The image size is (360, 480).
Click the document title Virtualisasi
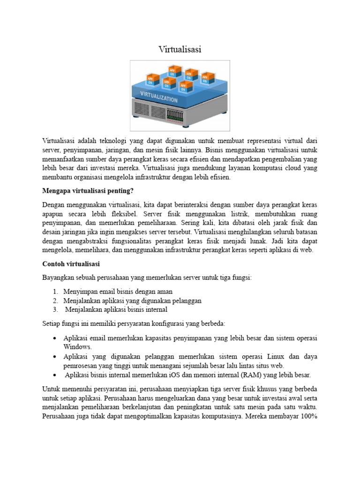pos(180,49)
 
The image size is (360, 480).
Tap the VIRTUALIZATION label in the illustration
pos(159,98)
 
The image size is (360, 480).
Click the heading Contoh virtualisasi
pos(71,264)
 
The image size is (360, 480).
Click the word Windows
pos(78,346)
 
